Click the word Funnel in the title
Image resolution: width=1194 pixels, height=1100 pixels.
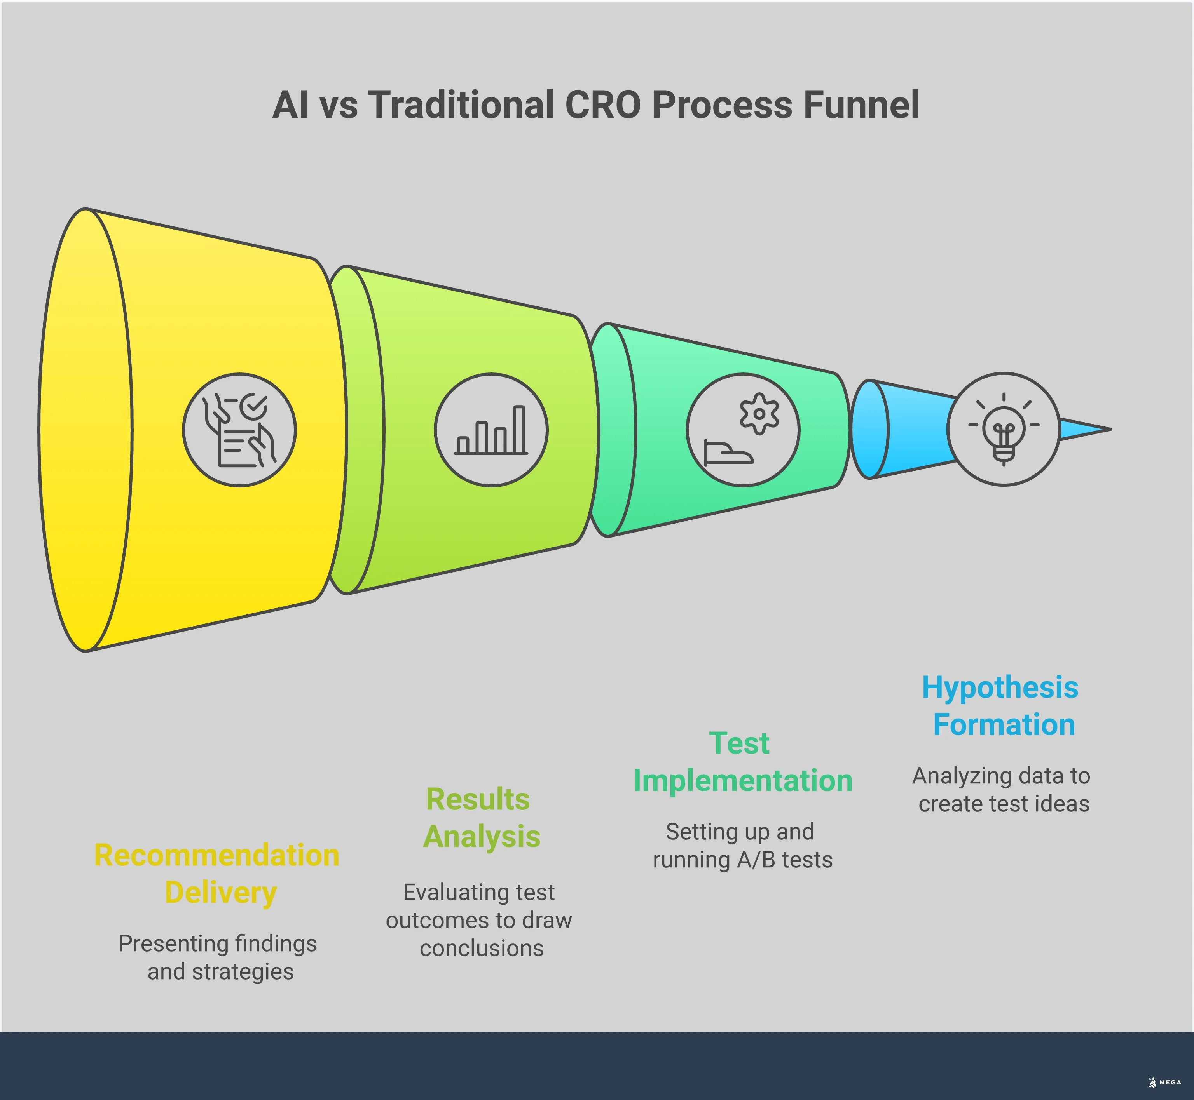[x=861, y=105]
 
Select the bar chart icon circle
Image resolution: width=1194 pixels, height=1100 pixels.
[x=491, y=430]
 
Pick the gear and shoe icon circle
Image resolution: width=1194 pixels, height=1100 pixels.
[x=743, y=430]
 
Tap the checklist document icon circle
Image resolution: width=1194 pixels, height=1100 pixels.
[x=239, y=430]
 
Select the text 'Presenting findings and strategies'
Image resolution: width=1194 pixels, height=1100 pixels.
[x=218, y=957]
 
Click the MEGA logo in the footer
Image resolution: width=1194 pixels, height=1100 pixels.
[x=1165, y=1082]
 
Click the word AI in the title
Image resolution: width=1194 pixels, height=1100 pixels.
[x=291, y=105]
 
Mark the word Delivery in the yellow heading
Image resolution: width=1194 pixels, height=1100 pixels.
[x=220, y=893]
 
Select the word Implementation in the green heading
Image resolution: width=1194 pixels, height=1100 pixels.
[x=743, y=780]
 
